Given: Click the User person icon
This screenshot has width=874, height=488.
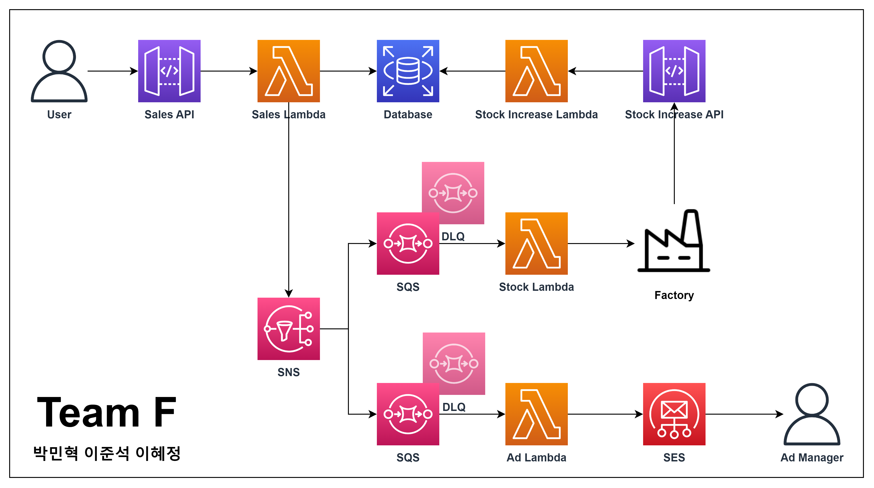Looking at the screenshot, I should pyautogui.click(x=59, y=71).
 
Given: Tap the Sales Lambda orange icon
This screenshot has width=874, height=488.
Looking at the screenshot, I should pyautogui.click(x=289, y=71).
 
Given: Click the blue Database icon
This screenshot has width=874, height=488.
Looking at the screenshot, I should pyautogui.click(x=408, y=71).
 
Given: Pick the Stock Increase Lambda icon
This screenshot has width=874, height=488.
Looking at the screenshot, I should pyautogui.click(x=536, y=71).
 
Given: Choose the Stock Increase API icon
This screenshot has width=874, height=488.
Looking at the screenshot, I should pyautogui.click(x=674, y=71).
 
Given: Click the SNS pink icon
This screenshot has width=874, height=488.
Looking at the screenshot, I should pyautogui.click(x=289, y=329).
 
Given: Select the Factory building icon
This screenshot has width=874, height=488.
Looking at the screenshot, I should pyautogui.click(x=674, y=242).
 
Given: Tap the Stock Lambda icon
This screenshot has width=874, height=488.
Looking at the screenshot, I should pyautogui.click(x=536, y=243).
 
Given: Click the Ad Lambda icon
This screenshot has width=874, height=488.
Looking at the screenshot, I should pyautogui.click(x=536, y=414).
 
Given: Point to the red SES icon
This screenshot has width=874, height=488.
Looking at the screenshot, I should pyautogui.click(x=674, y=414).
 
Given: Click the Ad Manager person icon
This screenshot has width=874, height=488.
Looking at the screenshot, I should pyautogui.click(x=812, y=414).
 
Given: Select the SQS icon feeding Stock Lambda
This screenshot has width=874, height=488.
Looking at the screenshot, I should pyautogui.click(x=408, y=243).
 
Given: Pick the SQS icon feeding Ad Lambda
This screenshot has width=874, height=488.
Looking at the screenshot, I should pyautogui.click(x=408, y=414).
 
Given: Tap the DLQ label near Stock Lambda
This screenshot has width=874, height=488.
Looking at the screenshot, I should pyautogui.click(x=453, y=236).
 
